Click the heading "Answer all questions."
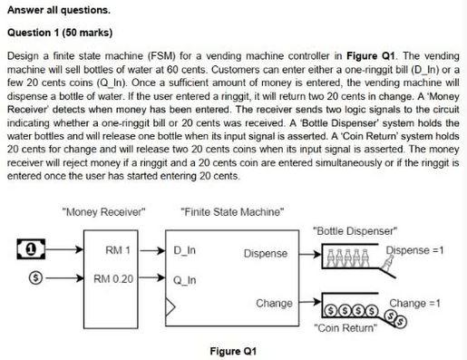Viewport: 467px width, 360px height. click(56, 11)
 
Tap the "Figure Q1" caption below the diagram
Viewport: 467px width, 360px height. click(235, 350)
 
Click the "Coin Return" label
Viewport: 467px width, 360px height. click(349, 327)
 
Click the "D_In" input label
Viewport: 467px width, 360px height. click(185, 249)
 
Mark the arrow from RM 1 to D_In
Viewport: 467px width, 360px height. click(158, 249)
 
